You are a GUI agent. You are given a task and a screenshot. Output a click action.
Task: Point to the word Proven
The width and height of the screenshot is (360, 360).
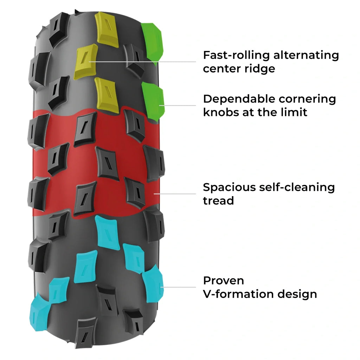[x=224, y=281]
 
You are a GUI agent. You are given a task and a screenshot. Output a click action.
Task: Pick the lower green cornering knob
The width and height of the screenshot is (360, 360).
[x=153, y=100]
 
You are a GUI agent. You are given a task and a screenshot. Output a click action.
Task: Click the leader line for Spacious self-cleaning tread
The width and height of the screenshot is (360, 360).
[x=175, y=193]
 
